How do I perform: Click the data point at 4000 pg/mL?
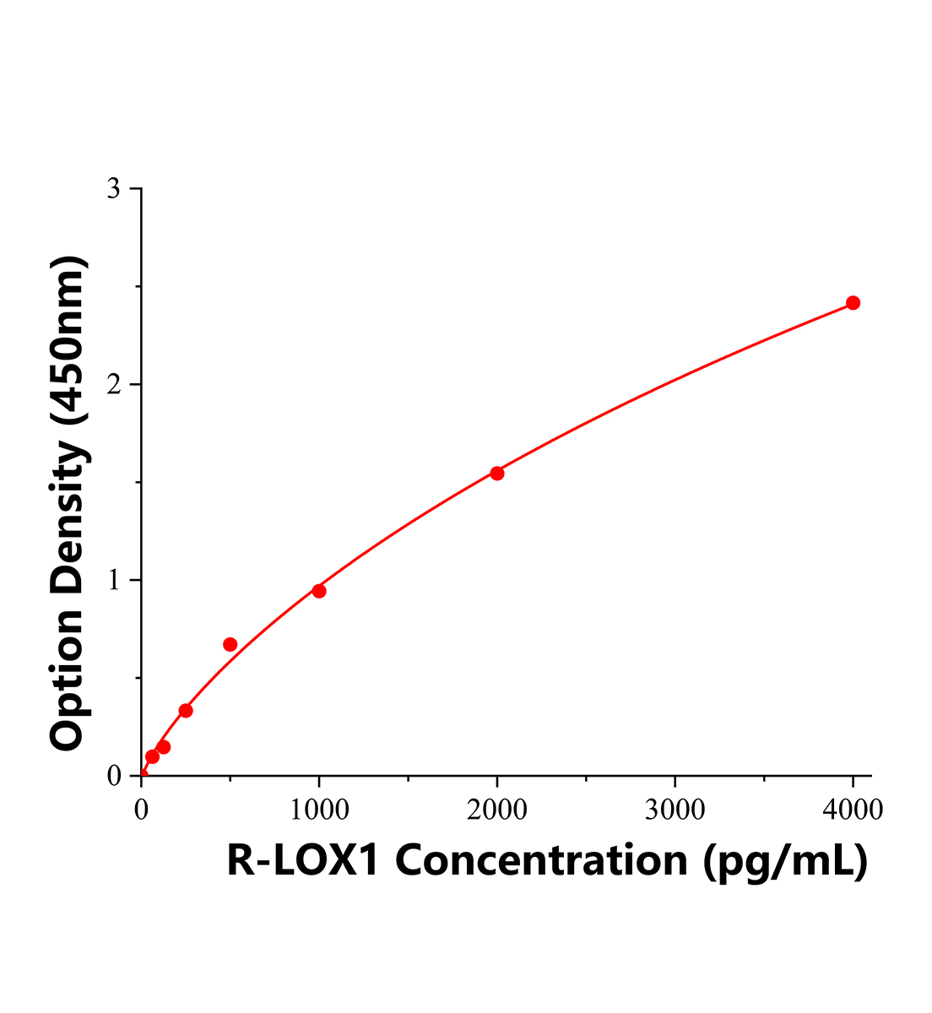(853, 303)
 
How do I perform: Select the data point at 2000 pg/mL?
(497, 474)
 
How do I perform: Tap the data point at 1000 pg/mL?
(319, 591)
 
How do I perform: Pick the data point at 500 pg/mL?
(230, 645)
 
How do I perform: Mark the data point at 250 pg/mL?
(186, 711)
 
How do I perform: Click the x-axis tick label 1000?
(319, 810)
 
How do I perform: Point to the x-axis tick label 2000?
(497, 810)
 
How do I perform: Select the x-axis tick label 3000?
(675, 810)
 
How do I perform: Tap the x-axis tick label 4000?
(853, 810)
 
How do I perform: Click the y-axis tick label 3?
(114, 189)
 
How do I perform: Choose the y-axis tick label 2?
(114, 385)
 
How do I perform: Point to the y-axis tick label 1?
(114, 581)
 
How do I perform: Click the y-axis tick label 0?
(114, 776)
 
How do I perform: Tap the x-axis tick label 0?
(141, 810)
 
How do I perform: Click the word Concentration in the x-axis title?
(541, 861)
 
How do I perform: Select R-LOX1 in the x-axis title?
(305, 861)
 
